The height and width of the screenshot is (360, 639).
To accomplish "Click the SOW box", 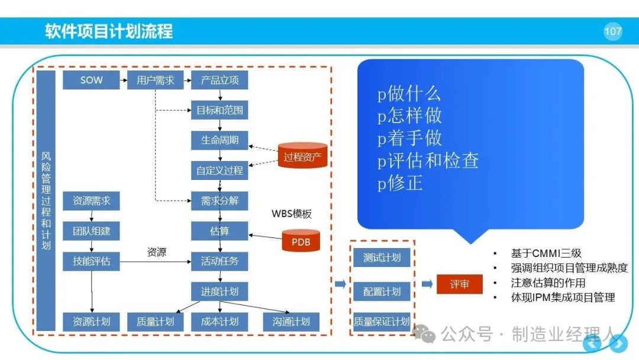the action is (x=91, y=80).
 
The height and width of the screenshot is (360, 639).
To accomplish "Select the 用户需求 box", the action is (x=155, y=80).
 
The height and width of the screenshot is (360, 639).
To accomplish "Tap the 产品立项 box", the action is (x=220, y=80).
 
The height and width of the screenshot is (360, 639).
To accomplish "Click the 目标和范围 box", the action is (x=220, y=110).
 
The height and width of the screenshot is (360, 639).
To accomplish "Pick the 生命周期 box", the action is (x=220, y=140).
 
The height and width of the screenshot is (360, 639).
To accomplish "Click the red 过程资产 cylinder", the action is (x=303, y=155).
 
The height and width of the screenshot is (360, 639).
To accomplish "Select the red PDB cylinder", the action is (x=301, y=240).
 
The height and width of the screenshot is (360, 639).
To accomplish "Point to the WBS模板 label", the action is (x=291, y=213).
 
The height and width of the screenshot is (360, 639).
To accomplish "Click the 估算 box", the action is (x=220, y=231).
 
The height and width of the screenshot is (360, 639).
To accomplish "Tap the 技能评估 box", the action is (x=91, y=261).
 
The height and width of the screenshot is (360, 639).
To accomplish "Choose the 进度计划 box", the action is (x=220, y=291).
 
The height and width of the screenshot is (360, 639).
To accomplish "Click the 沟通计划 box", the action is (x=291, y=322).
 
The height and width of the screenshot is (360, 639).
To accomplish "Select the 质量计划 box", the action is (x=155, y=322).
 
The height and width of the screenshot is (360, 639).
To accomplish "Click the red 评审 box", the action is (x=460, y=284).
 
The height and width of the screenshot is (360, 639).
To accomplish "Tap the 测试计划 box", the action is (x=382, y=258).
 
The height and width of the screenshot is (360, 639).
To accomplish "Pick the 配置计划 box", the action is (x=382, y=291).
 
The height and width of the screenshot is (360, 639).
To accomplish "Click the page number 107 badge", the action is (x=613, y=31).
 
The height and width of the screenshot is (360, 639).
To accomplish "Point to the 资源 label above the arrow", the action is (x=156, y=252).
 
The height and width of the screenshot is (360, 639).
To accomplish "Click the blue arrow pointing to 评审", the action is (x=427, y=284).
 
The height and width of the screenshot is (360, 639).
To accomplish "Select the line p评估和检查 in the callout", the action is (x=428, y=160).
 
